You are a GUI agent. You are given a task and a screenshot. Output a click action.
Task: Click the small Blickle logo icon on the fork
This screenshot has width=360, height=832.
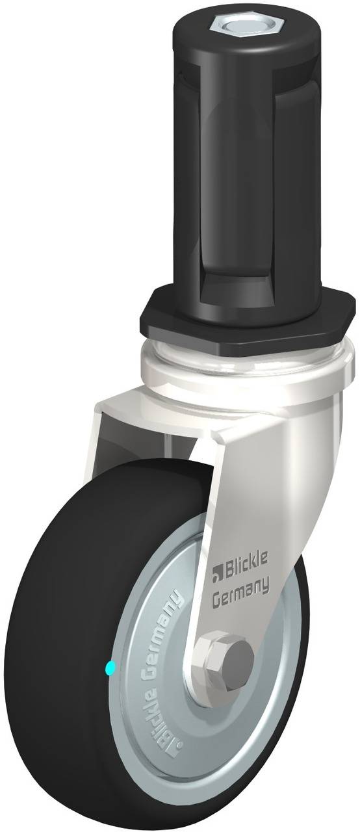point(218,573)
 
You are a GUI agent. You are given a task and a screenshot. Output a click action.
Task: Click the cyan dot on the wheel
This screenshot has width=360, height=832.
point(109,667)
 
